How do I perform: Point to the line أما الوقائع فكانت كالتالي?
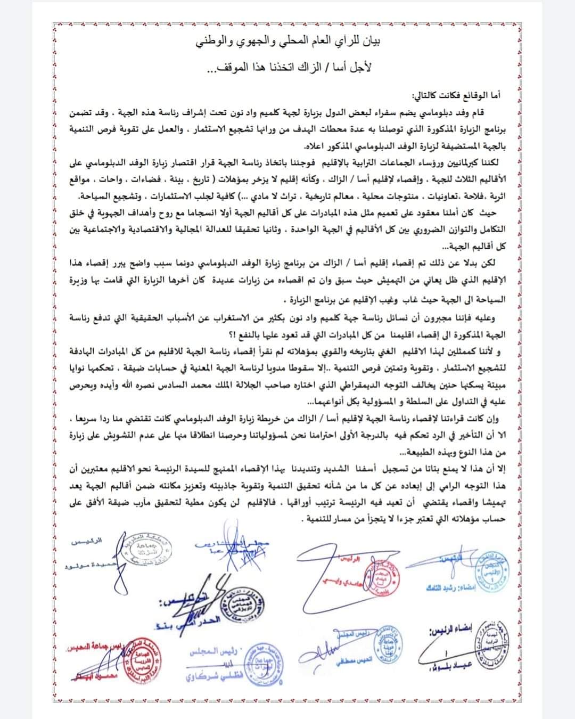point(457,96)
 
